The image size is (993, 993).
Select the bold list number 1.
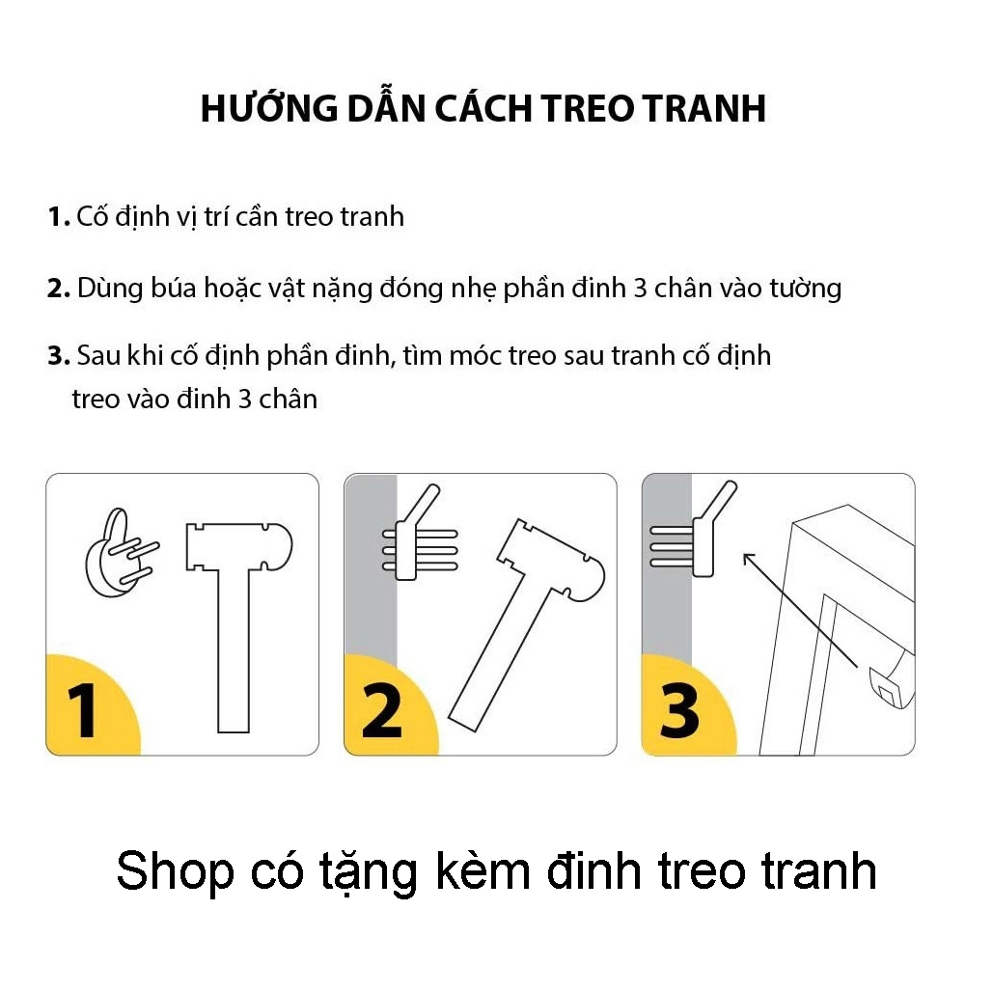pyautogui.click(x=58, y=217)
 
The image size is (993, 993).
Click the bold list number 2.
pyautogui.click(x=58, y=289)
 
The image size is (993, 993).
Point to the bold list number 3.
pyautogui.click(x=58, y=356)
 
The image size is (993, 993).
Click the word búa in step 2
pyautogui.click(x=172, y=289)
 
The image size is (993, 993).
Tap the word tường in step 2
pyautogui.click(x=805, y=289)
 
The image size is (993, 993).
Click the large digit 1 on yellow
pyautogui.click(x=82, y=710)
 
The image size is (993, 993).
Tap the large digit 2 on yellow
pyautogui.click(x=382, y=710)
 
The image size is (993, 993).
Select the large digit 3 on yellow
pyautogui.click(x=679, y=710)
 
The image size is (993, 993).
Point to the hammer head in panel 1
pyautogui.click(x=238, y=546)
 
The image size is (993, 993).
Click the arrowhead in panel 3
pyautogui.click(x=749, y=559)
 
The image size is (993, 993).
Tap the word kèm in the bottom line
pyautogui.click(x=483, y=871)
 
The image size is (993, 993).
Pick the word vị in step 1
pyautogui.click(x=187, y=218)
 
